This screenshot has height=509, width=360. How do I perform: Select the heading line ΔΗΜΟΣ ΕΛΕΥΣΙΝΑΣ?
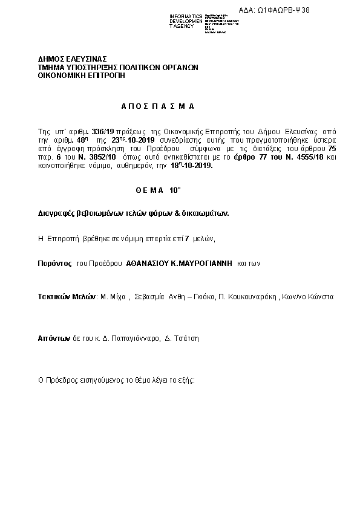point(65,59)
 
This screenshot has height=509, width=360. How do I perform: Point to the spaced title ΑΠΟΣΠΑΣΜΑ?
point(157,106)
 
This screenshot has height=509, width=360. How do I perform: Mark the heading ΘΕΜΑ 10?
point(158,190)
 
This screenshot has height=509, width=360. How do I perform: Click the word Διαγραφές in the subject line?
point(54,213)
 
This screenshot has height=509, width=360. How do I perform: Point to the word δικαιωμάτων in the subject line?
point(205,213)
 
